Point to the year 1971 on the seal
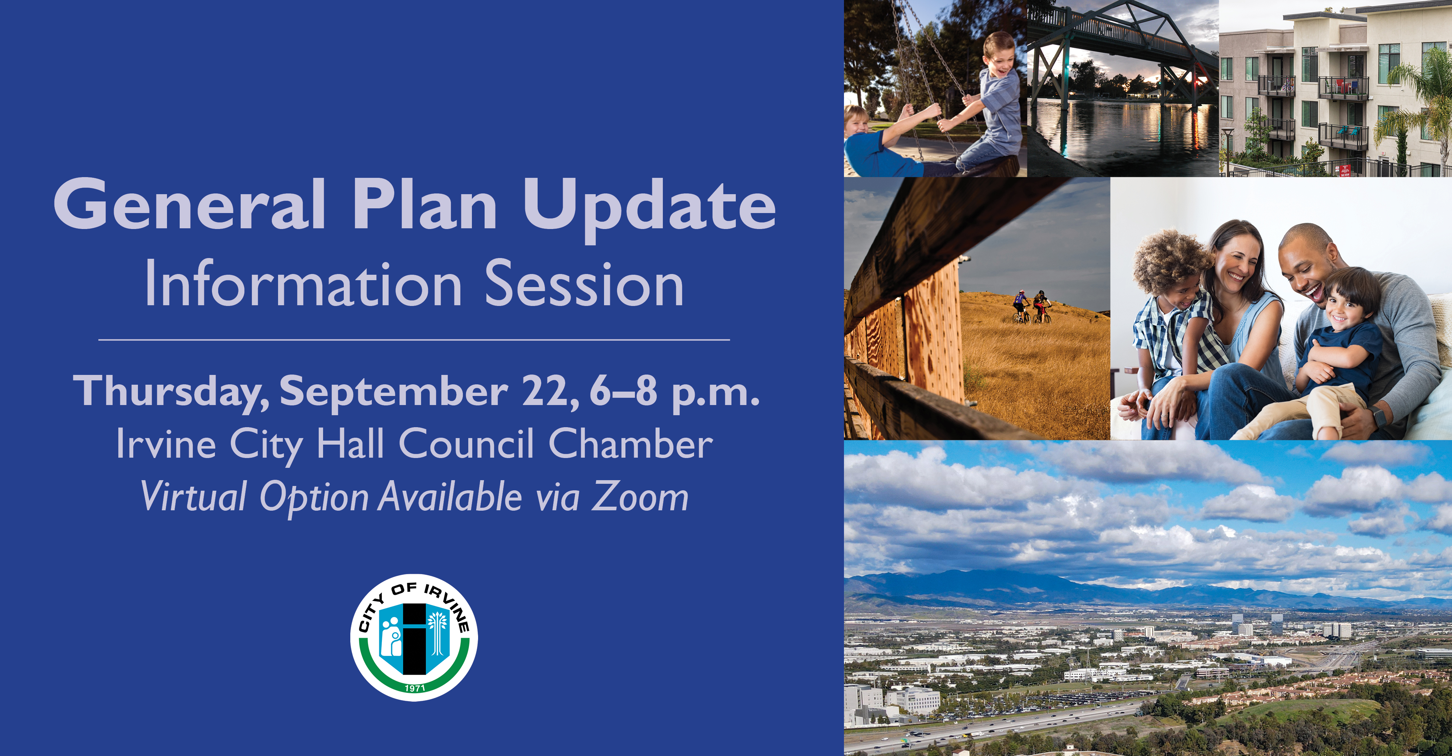pos(415,688)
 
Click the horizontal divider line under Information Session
pos(414,340)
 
